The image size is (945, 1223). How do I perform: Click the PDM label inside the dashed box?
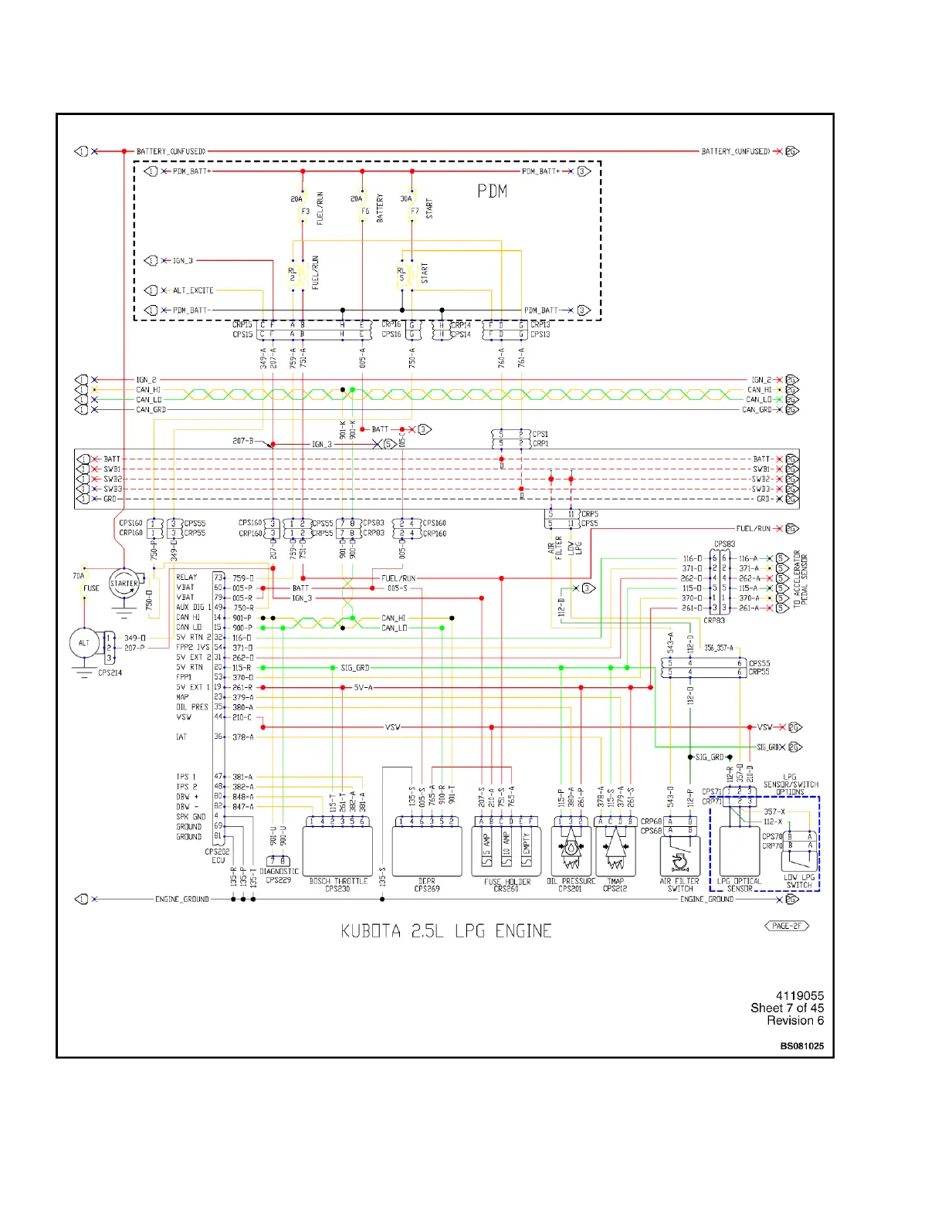(x=492, y=191)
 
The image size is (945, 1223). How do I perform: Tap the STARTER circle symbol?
(x=124, y=584)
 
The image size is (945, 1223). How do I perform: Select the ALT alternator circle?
(x=84, y=642)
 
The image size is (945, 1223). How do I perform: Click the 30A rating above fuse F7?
(x=406, y=199)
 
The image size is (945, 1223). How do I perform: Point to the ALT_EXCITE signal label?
(x=193, y=290)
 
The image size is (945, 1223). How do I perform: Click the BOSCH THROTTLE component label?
(x=338, y=881)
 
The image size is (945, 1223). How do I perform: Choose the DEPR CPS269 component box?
(x=427, y=851)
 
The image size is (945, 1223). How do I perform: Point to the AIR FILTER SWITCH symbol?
(x=679, y=855)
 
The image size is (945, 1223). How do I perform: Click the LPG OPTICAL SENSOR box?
(x=740, y=851)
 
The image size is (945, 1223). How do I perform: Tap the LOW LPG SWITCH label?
(x=799, y=881)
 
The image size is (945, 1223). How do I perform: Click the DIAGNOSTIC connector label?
(x=279, y=872)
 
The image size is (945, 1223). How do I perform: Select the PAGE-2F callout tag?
(x=787, y=926)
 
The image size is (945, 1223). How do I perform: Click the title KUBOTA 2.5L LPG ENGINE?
(x=446, y=931)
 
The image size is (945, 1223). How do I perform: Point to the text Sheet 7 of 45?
(x=787, y=1008)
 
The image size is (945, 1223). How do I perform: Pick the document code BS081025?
(x=801, y=1046)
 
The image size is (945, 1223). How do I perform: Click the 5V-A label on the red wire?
(x=363, y=687)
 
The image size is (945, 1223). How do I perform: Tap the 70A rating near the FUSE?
(x=79, y=576)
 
